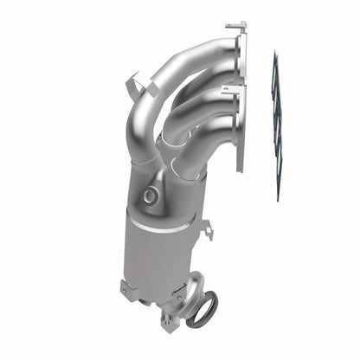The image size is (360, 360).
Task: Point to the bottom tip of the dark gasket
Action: (x=279, y=198)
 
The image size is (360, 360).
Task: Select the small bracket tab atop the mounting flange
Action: (x=235, y=27)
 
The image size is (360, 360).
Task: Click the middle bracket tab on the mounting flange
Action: (x=229, y=88)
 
